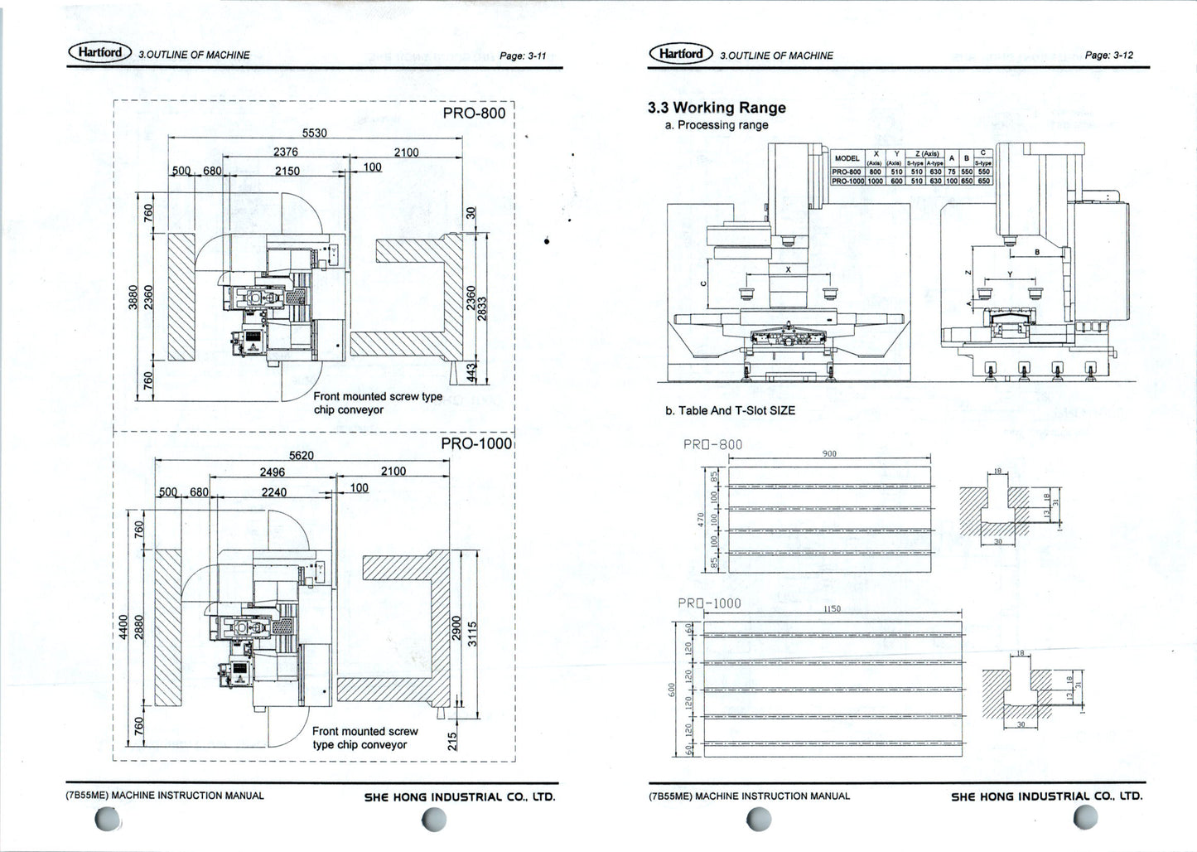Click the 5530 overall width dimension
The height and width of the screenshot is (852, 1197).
(x=314, y=133)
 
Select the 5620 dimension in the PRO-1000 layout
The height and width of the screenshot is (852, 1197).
(x=302, y=455)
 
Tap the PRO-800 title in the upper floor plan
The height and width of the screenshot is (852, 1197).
(x=474, y=114)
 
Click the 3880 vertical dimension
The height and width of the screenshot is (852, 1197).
(x=133, y=297)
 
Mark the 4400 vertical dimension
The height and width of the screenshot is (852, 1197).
(x=123, y=626)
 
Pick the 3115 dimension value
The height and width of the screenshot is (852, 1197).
(x=472, y=634)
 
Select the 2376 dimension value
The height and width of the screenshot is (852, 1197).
(x=286, y=152)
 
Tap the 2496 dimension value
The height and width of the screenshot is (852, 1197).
(x=273, y=472)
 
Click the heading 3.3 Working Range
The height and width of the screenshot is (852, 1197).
(x=717, y=108)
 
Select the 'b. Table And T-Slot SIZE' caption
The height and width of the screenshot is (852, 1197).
(x=730, y=410)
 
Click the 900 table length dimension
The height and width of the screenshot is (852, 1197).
(x=829, y=453)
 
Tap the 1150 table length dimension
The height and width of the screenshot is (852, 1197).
(x=832, y=608)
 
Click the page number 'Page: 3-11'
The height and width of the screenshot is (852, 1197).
(x=523, y=56)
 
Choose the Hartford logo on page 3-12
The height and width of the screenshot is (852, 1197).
(x=680, y=54)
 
